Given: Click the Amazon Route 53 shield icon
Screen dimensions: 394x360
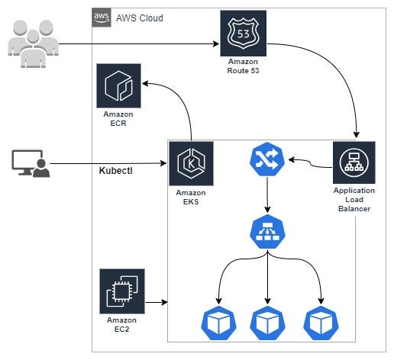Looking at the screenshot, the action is pos(243,34).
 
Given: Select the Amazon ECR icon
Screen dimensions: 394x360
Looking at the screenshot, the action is pos(118,86).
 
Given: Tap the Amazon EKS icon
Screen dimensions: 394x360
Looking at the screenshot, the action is pos(191,163).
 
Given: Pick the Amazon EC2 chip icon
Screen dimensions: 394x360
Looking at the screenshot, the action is pos(122,291).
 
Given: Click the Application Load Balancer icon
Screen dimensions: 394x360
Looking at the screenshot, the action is pos(354,162).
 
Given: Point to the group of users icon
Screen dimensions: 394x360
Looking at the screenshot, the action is pos(33,43).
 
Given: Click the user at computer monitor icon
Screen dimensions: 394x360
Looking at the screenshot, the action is pos(31,163).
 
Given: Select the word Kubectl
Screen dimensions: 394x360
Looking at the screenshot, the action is pos(115,171).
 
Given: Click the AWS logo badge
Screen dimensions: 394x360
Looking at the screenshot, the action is pos(102,18).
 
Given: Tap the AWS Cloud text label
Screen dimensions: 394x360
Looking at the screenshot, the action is pos(140,18).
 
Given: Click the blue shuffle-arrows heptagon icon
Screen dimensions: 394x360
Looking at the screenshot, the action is pos(267,159).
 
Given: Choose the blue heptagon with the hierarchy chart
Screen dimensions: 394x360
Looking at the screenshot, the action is pos(267,231).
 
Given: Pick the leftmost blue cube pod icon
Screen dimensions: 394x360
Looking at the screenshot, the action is pos(218,323).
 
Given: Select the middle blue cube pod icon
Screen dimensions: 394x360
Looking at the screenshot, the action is pos(267,323).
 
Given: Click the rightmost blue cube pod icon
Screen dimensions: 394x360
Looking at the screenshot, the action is pos(321,323).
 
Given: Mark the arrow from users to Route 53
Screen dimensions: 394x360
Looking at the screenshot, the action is pos(139,44).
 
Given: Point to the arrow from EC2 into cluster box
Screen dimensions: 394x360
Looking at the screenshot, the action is pos(157,302).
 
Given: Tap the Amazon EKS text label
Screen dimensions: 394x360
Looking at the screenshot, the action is pos(191,198).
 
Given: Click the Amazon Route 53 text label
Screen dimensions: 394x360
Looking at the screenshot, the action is pos(243,66).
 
